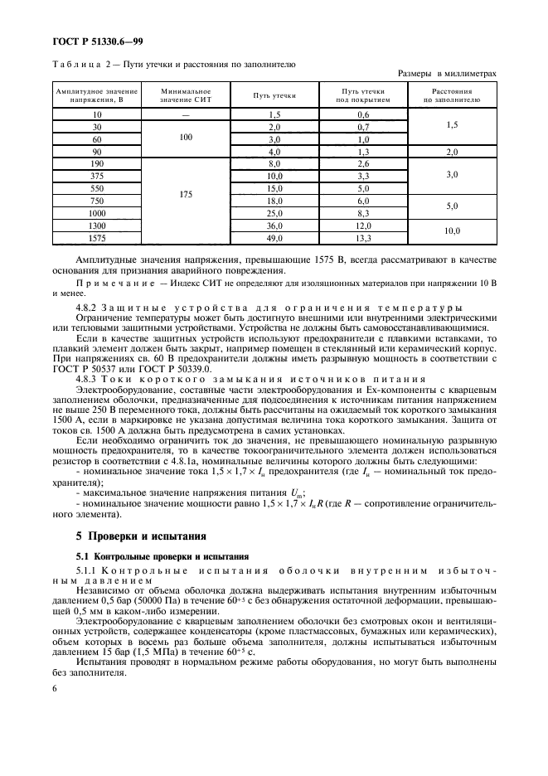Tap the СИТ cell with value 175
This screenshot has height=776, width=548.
pyautogui.click(x=185, y=195)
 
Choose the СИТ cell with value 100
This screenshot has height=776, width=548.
pyautogui.click(x=185, y=138)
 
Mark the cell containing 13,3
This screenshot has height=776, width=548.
pyautogui.click(x=363, y=239)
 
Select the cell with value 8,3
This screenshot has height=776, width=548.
pyautogui.click(x=363, y=214)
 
